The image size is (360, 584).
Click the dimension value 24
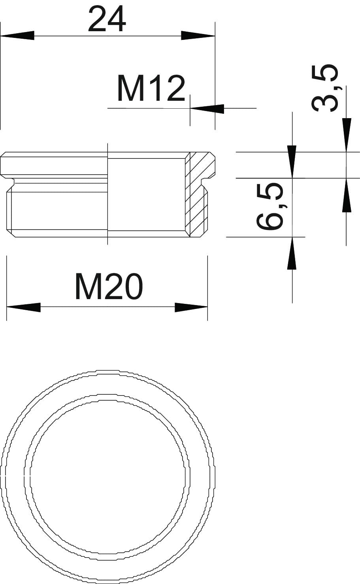(107, 19)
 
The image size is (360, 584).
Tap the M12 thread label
(151, 89)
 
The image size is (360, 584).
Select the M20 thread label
(109, 286)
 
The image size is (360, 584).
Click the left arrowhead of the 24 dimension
(17, 36)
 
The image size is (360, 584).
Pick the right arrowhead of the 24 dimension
(198, 36)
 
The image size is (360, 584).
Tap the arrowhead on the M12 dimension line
(207, 108)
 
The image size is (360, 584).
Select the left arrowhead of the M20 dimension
(23, 307)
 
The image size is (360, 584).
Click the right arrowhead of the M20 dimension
(191, 307)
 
